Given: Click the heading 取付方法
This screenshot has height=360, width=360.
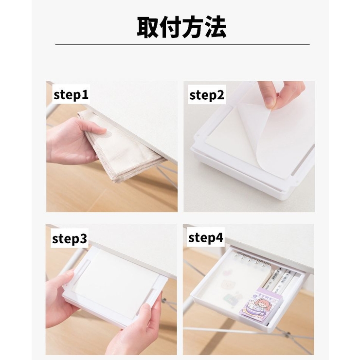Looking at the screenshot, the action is pyautogui.click(x=181, y=27).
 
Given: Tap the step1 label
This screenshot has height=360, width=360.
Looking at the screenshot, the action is pyautogui.click(x=71, y=94).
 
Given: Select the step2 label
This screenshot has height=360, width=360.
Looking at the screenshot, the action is pyautogui.click(x=207, y=94).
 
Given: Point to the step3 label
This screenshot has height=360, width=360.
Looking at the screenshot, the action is pyautogui.click(x=70, y=238).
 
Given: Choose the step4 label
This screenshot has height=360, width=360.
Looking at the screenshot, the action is pyautogui.click(x=205, y=237).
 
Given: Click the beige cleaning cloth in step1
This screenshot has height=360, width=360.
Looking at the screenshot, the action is pyautogui.click(x=122, y=144).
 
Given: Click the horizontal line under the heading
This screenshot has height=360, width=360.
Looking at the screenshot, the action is pyautogui.click(x=182, y=44).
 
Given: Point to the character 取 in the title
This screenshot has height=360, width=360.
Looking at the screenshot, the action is pyautogui.click(x=147, y=27).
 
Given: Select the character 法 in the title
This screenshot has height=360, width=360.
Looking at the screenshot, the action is pyautogui.click(x=216, y=27).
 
